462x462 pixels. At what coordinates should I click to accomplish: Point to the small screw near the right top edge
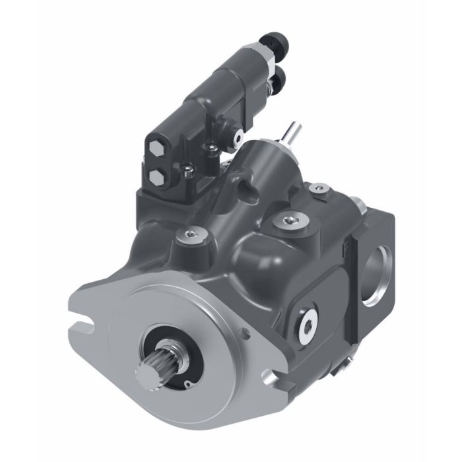(321, 192)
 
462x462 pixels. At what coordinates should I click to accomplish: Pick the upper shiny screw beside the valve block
(211, 147)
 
